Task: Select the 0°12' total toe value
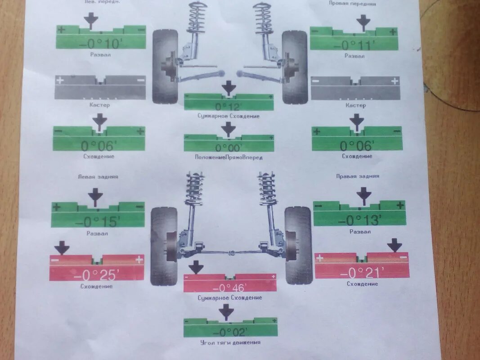point(229,106)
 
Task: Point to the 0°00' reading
point(229,147)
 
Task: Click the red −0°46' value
point(229,287)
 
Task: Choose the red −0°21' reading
point(362,272)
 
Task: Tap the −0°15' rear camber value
point(97,221)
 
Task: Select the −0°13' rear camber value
point(359,220)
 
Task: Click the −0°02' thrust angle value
point(229,332)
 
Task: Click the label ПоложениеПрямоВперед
point(229,157)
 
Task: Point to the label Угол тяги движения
point(230,342)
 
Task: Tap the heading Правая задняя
point(358,176)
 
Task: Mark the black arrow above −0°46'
point(196,267)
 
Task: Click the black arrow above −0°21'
point(395,245)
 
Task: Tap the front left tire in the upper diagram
point(165,66)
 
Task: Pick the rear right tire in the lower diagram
point(298,245)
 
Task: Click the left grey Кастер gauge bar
point(100,87)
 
